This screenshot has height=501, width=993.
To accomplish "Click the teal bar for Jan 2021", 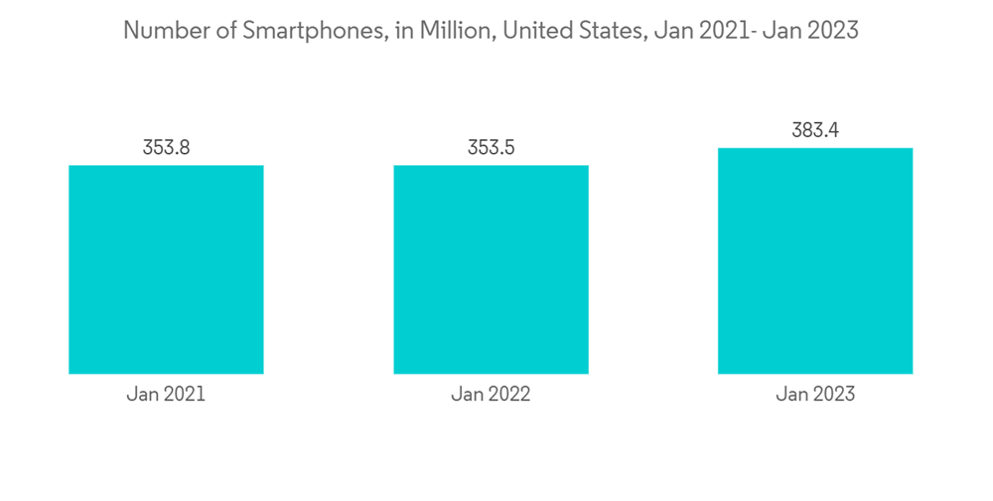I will tap(166, 269).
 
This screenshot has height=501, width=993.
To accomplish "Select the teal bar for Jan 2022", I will tap(491, 269).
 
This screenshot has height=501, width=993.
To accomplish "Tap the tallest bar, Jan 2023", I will tap(815, 260).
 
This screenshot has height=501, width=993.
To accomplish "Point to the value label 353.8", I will tap(166, 148).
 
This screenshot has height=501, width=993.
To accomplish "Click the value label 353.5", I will tap(491, 148).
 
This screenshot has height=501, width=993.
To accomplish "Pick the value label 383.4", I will tap(815, 130).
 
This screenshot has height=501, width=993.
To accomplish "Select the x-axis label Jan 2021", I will tap(166, 395).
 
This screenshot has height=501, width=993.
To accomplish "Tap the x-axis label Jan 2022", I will tap(491, 395).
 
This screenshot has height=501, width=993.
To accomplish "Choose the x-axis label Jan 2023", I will tap(815, 395).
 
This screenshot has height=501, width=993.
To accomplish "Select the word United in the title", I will tap(537, 31).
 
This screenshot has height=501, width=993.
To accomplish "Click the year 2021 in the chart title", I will tap(718, 31).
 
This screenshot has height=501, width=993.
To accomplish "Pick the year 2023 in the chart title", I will tap(832, 31).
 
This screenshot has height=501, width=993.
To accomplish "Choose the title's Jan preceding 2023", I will tap(781, 31).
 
